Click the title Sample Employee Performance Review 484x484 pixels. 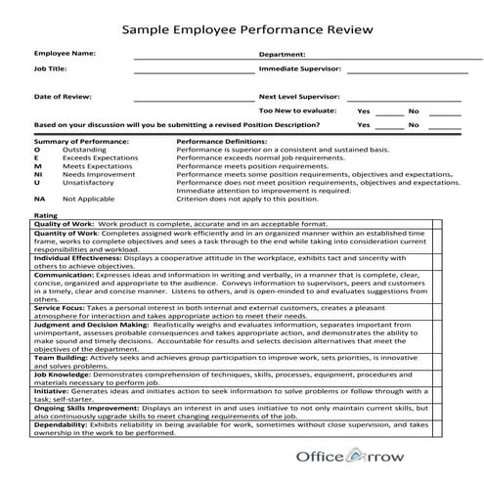tap(246, 29)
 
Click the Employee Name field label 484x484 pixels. tap(66, 53)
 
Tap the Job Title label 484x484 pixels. tap(51, 69)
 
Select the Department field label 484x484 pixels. tap(283, 55)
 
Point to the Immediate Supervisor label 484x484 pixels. tap(300, 70)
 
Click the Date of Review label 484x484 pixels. tap(62, 97)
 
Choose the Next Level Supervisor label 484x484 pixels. tap(299, 98)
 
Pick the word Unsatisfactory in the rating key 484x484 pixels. tap(86, 182)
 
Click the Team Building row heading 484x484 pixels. tap(61, 359)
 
